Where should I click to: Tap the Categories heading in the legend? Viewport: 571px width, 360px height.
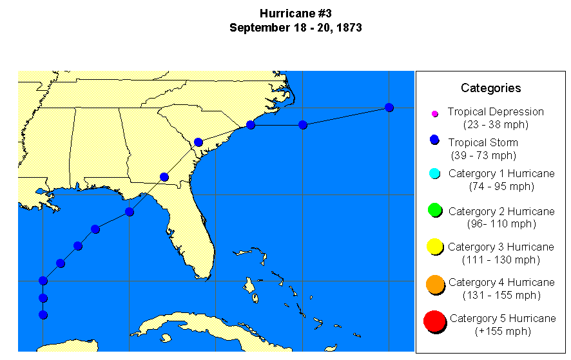click(490, 88)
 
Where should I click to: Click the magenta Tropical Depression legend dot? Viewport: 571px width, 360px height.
click(434, 114)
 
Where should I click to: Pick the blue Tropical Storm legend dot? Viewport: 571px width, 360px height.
click(434, 140)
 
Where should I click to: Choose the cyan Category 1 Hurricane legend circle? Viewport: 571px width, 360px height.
click(434, 173)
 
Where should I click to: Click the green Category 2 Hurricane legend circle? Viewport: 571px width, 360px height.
click(434, 210)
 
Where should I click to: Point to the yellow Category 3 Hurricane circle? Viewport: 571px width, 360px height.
click(434, 246)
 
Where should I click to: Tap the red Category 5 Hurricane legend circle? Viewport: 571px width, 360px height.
click(435, 320)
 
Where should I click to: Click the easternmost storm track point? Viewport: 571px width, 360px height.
click(389, 108)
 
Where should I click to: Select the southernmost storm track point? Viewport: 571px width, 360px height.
click(43, 315)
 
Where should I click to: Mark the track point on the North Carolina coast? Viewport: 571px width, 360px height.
click(251, 125)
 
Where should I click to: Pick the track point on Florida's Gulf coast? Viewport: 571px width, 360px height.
click(130, 212)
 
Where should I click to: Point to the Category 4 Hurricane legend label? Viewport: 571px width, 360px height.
click(501, 283)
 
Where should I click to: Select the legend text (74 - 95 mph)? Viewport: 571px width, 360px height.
click(501, 186)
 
